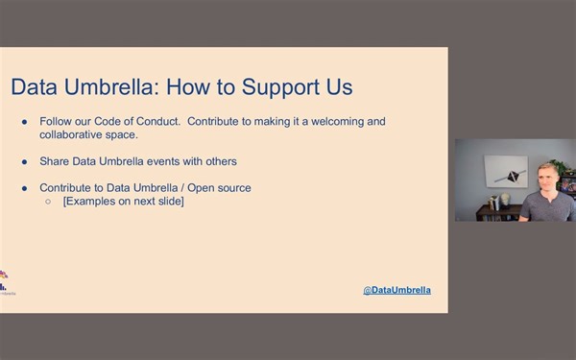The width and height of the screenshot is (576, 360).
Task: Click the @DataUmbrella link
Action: pos(396,289)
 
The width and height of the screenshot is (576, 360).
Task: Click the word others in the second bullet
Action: pos(219,161)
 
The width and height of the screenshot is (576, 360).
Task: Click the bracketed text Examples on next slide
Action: pos(123,201)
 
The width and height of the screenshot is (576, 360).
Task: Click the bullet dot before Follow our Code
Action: pos(25,123)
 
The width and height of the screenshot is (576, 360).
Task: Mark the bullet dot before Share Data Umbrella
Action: pos(25,161)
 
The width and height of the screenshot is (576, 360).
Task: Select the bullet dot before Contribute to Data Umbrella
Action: pos(25,188)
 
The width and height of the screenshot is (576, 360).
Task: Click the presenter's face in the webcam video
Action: pos(547,180)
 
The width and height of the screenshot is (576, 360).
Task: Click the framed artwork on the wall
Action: pos(505,171)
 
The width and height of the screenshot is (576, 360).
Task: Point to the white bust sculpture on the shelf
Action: pos(505,200)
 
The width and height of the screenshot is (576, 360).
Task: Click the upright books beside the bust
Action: pos(493,203)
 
